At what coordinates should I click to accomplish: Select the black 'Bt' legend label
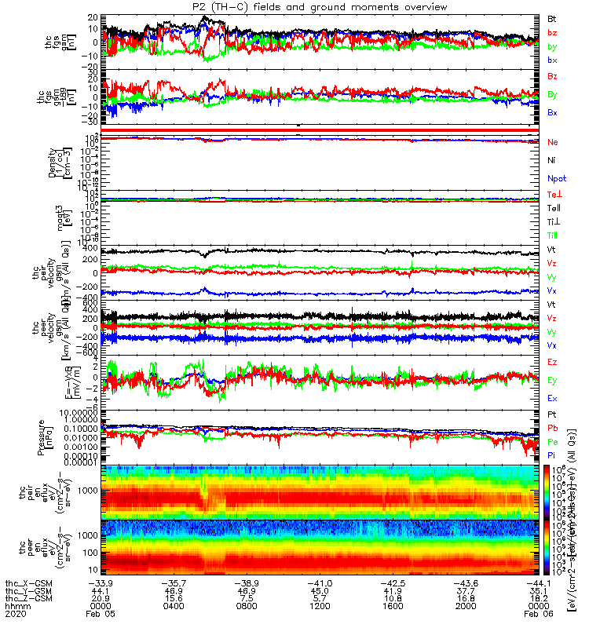point(553,18)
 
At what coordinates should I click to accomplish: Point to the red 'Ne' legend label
point(553,142)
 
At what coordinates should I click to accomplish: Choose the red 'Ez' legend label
point(553,363)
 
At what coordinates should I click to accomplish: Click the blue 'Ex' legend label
point(553,399)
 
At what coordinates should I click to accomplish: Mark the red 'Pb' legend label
point(553,429)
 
